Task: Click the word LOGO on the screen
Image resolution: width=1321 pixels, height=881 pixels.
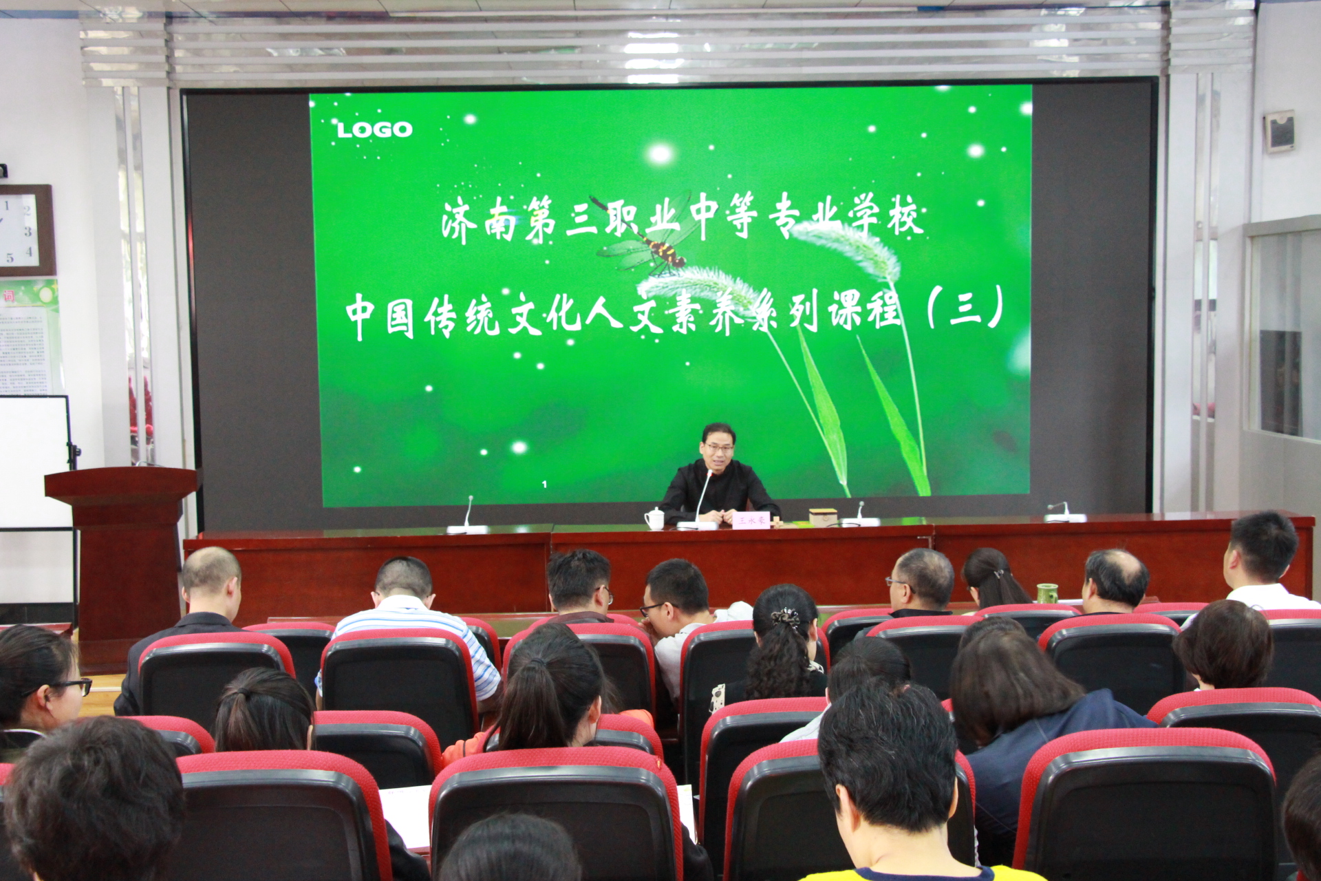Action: [x=374, y=129]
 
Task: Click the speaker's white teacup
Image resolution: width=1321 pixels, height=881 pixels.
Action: [x=654, y=518]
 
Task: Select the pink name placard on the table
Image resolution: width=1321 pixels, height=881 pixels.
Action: [x=751, y=520]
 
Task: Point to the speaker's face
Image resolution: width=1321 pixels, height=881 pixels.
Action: [x=719, y=451]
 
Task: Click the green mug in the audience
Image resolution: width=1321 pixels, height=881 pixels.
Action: [x=1046, y=593]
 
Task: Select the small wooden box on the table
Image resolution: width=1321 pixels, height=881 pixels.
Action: [x=823, y=517]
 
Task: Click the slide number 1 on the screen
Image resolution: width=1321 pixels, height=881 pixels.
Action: [x=544, y=485]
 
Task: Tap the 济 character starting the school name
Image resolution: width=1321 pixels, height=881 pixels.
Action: [x=459, y=222]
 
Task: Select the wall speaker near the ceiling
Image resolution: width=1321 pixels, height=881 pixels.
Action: [x=1279, y=131]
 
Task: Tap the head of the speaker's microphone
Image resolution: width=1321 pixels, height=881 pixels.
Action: [x=709, y=473]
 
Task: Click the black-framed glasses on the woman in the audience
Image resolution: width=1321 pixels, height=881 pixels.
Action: [x=72, y=686]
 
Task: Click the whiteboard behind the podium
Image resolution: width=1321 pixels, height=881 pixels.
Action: [x=34, y=461]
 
